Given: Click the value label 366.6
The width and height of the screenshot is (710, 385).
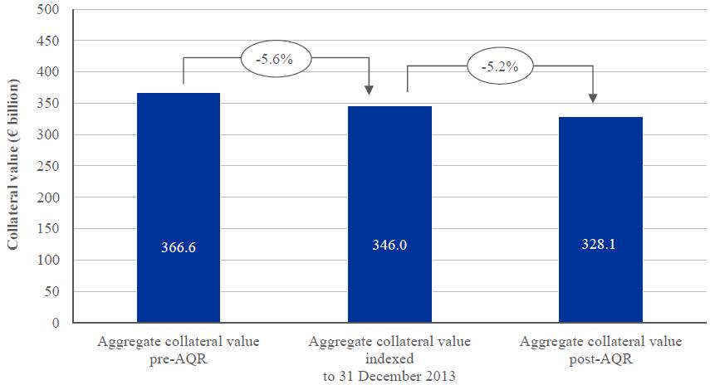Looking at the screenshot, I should (x=179, y=247).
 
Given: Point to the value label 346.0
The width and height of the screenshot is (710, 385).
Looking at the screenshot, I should (x=389, y=247).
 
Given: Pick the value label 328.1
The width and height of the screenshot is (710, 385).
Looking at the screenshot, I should (x=600, y=247).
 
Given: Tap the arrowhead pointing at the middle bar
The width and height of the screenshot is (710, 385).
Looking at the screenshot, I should (x=370, y=90).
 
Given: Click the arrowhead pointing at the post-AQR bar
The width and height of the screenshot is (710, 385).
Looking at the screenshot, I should (x=593, y=98).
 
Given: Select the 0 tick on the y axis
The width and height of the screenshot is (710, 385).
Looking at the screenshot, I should (x=56, y=323).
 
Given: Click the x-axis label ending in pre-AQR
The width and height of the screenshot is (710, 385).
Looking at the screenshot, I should (x=179, y=348).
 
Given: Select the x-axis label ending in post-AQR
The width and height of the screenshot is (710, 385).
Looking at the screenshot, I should (x=600, y=348).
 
